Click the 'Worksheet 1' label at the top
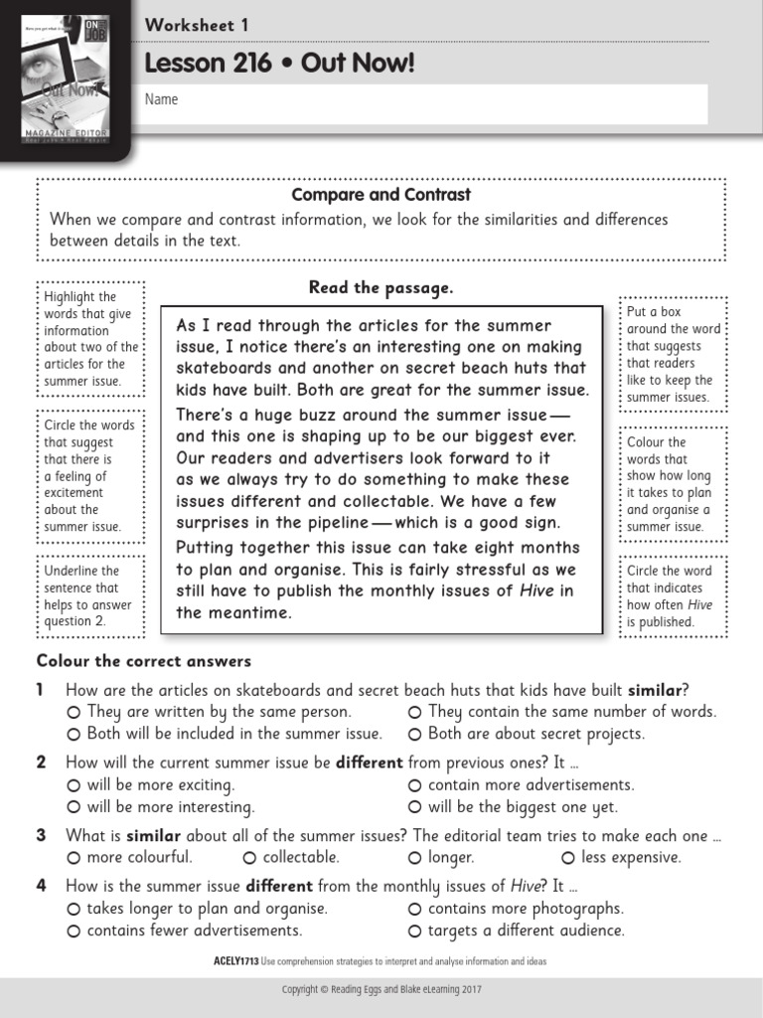tap(197, 26)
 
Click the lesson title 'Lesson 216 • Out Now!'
tap(279, 65)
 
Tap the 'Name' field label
tap(162, 99)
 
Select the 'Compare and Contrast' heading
tap(381, 195)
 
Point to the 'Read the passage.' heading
tap(381, 288)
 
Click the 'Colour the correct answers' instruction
tap(144, 661)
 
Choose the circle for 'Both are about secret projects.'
tap(415, 735)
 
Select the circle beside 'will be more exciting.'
tap(74, 785)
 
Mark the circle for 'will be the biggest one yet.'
tap(415, 807)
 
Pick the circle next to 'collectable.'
tap(249, 858)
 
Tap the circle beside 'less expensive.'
tap(568, 858)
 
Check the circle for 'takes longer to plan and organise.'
tap(74, 909)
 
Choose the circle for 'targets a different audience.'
tap(415, 932)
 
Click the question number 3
tap(42, 836)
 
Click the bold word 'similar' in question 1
tap(655, 690)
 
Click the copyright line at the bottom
tap(381, 990)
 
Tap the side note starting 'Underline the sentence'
tap(89, 596)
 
